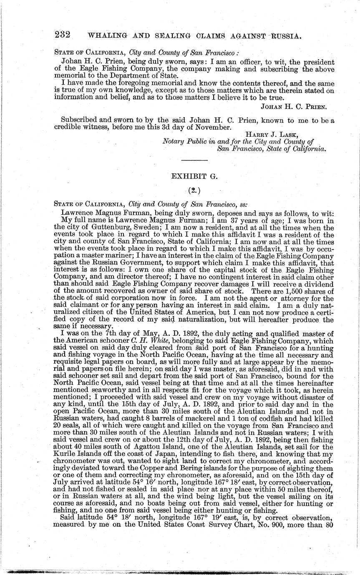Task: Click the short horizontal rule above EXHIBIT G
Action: point(194,160)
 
